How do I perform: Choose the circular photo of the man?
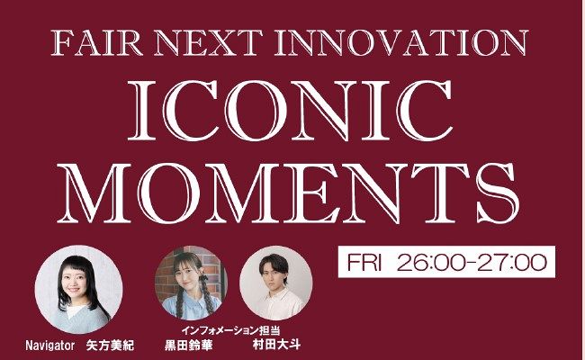[276, 282]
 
